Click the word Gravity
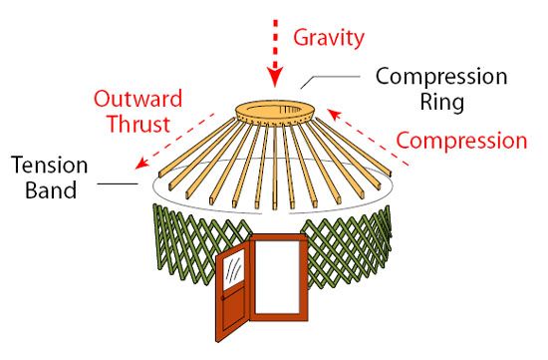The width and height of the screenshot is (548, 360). pos(329,38)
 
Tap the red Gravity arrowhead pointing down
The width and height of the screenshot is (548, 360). pos(275,77)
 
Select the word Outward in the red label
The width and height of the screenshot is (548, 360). pos(138,99)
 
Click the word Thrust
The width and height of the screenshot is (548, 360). pos(138,123)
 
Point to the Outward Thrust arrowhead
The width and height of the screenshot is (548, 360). pos(141,163)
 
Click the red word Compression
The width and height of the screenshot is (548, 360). pos(461,141)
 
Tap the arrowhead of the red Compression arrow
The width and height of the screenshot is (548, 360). pos(334,115)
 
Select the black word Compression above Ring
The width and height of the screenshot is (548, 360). pos(441,77)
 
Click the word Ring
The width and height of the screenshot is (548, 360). pos(442,102)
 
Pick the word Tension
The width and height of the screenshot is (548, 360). pos(49,166)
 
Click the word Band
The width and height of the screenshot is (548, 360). pos(51,189)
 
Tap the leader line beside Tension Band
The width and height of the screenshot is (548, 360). pos(118,183)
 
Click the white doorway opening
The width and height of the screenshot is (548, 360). pos(278,277)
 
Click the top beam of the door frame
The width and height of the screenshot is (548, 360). pos(278,237)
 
